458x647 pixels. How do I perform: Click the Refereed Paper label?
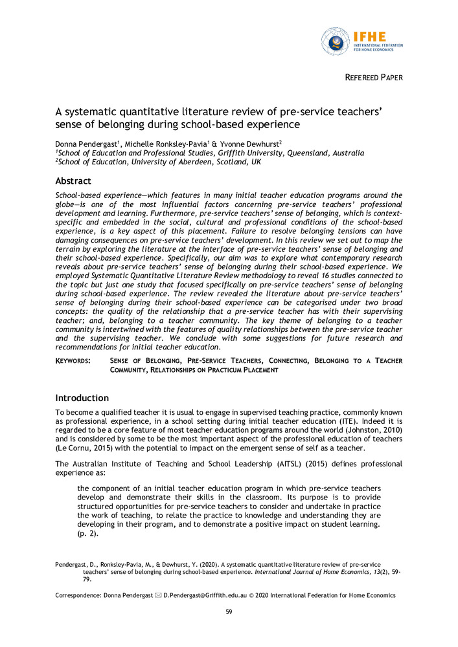pos(373,78)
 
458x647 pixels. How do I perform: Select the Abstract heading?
pos(73,181)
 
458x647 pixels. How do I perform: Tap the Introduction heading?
pos(82,398)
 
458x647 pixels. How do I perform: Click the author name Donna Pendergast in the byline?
pos(85,142)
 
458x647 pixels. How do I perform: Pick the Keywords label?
pos(73,360)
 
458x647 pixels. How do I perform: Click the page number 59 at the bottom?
pos(229,612)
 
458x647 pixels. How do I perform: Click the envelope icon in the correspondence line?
pos(159,595)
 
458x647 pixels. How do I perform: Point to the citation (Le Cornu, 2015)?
pos(85,448)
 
